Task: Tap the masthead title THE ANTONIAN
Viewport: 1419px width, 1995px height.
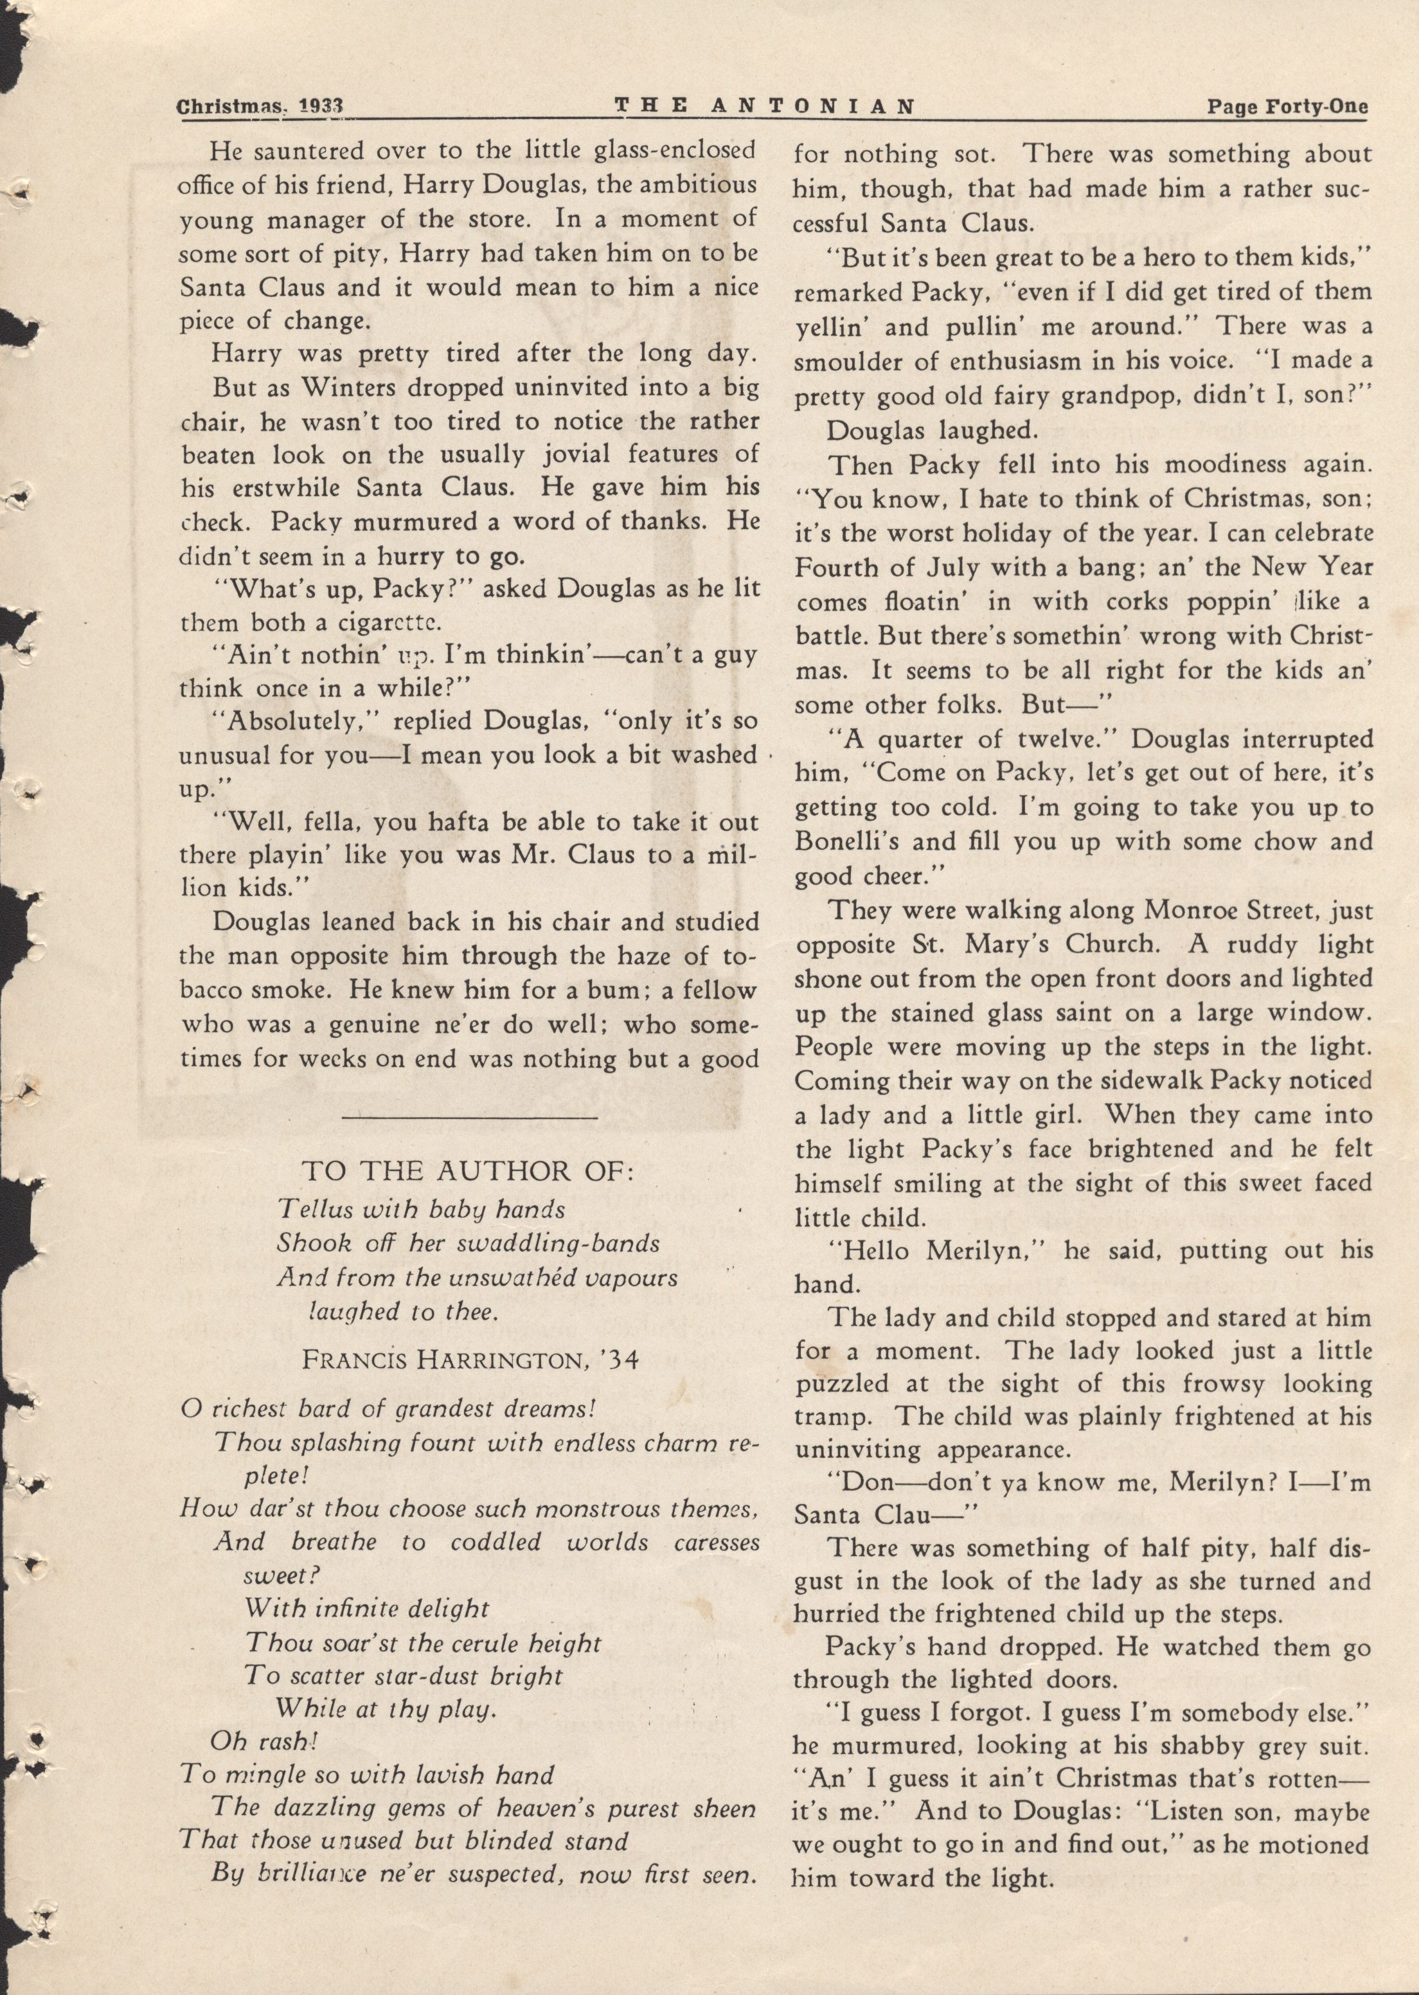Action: pos(765,107)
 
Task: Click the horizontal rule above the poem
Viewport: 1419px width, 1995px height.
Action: pos(469,1117)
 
